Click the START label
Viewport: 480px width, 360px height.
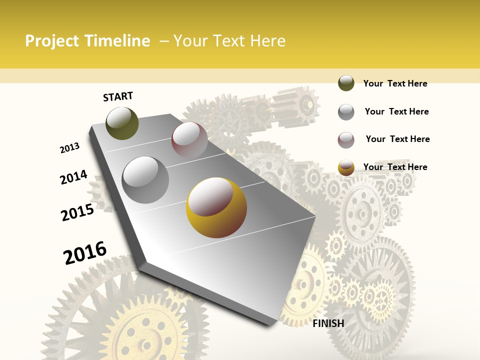[x=118, y=96]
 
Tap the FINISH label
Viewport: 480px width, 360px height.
[x=328, y=323]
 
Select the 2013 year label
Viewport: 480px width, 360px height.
[x=69, y=148]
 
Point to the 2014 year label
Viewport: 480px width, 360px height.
[x=73, y=177]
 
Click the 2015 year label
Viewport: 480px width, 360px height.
[x=77, y=212]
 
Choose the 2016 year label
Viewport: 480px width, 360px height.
[x=85, y=252]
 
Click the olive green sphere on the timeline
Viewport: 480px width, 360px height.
[x=122, y=123]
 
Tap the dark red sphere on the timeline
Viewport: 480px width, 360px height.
[x=189, y=139]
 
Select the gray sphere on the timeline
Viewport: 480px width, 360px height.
[x=145, y=179]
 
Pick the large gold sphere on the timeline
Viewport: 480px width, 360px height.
[x=216, y=207]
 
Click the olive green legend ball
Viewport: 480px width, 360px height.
[x=346, y=83]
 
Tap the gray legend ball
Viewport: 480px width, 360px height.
[x=346, y=112]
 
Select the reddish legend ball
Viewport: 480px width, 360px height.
[x=346, y=140]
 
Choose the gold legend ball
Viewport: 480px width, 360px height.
[x=346, y=167]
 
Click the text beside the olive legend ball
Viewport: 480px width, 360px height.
[x=395, y=83]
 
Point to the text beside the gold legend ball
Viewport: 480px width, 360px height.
[x=395, y=167]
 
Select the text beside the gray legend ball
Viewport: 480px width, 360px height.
[x=396, y=111]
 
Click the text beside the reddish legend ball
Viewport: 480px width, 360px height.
[x=397, y=139]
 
